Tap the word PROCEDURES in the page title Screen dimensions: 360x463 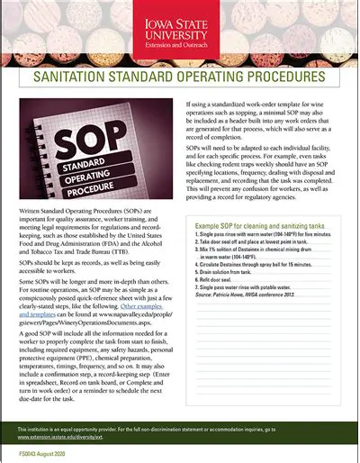[280, 78]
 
